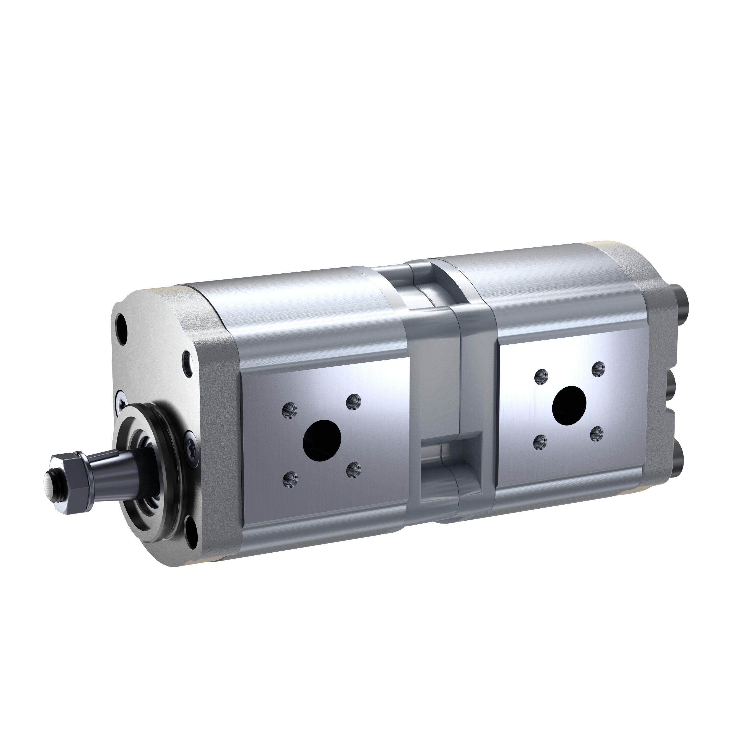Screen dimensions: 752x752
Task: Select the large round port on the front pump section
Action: click(x=322, y=439)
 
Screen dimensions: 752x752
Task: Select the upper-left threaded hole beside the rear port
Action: click(x=541, y=377)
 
